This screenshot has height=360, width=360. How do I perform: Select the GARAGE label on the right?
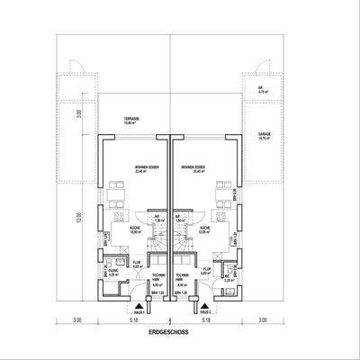[265, 135]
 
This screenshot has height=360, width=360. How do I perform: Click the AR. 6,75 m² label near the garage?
[264, 90]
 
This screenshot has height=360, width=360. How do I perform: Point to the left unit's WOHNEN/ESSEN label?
[147, 168]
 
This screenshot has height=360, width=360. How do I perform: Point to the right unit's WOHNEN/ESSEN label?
[192, 168]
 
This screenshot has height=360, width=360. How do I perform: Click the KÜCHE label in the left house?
[117, 229]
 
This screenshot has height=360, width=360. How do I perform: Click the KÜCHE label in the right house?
[206, 229]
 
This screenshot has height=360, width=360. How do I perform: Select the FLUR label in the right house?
[206, 267]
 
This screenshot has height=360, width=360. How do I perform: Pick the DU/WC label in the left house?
[113, 273]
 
